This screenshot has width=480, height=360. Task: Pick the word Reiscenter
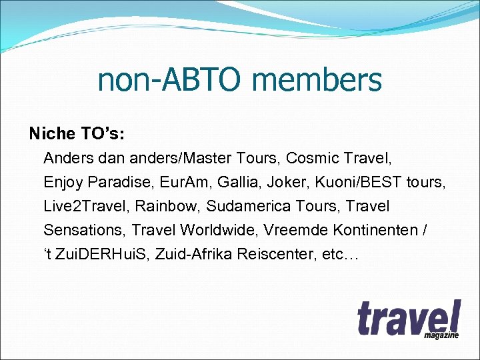point(266,254)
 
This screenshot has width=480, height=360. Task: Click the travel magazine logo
point(408,320)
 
